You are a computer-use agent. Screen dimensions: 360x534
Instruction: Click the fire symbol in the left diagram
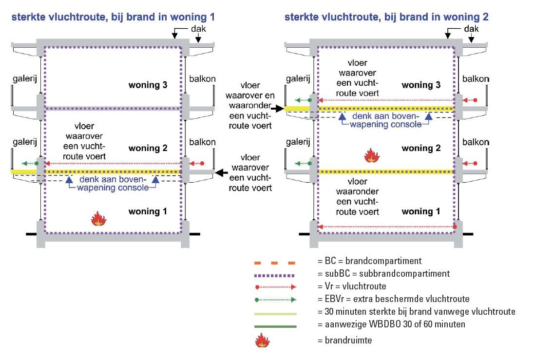(x=99, y=219)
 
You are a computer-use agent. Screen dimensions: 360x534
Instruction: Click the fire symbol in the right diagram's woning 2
(x=372, y=156)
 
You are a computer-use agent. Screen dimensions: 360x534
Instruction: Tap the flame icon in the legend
(x=262, y=340)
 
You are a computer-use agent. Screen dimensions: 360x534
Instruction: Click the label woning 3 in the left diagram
(x=148, y=85)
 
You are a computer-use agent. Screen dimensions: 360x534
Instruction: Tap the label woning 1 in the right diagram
(x=420, y=211)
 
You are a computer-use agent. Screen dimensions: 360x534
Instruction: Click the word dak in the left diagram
(x=200, y=29)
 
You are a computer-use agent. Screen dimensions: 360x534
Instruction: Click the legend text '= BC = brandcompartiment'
(x=369, y=262)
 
